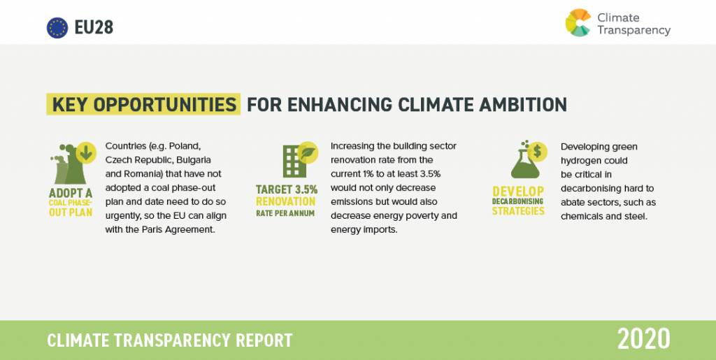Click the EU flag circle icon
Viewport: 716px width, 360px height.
pos(57,28)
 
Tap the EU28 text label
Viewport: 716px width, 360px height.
pos(94,28)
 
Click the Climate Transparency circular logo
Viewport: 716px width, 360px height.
pos(578,23)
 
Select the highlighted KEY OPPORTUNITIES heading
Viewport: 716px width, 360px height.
pos(143,104)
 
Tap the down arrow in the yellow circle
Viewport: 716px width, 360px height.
pos(86,152)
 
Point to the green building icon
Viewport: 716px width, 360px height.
pos(294,161)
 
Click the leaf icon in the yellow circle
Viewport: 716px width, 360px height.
pos(308,152)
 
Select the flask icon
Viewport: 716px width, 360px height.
pos(524,164)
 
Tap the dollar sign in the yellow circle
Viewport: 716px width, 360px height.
pos(538,152)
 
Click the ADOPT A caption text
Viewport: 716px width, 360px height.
pos(71,194)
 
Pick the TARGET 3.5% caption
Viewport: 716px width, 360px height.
pos(287,189)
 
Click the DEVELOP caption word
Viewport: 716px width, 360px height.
pos(518,192)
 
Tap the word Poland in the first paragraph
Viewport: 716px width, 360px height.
pos(185,147)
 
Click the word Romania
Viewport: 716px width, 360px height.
pos(138,174)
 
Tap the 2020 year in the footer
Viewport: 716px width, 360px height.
pos(644,339)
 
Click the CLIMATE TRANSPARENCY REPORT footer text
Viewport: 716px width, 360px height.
pos(170,340)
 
